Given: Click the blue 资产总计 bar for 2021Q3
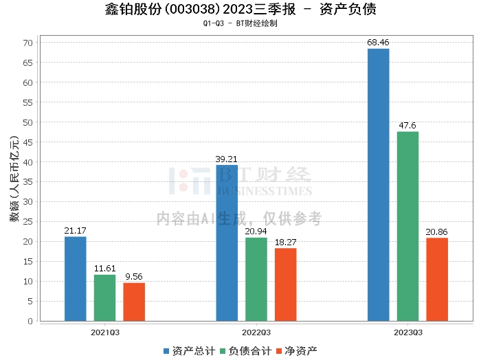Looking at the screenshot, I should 76,278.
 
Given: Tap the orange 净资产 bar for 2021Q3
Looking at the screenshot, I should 134,302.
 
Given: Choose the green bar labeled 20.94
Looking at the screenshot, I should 256,279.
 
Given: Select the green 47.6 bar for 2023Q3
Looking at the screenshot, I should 407,226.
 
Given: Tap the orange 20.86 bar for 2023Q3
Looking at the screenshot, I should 437,279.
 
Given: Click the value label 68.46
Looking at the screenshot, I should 378,43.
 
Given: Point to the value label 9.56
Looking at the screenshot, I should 134,277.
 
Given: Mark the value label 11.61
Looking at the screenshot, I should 105,269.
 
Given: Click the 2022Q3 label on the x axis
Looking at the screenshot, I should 256,331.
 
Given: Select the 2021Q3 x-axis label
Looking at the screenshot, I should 104,331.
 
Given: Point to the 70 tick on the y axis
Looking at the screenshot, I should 29,43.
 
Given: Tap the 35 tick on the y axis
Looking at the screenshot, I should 29,182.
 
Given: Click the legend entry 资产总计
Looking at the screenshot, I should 188,351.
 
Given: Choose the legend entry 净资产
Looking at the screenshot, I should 296,351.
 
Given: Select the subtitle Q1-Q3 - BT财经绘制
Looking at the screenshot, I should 240,23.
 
